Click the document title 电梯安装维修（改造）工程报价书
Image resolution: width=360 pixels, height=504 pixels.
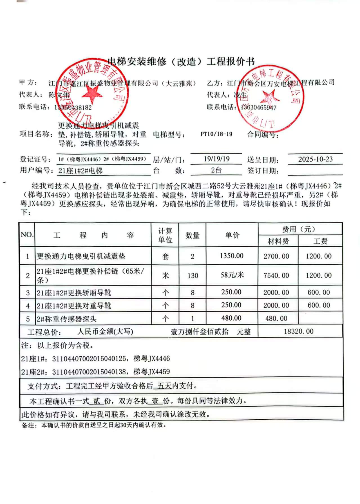181,61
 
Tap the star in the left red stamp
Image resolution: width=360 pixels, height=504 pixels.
92,94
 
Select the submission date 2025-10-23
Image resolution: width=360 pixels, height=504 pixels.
315,159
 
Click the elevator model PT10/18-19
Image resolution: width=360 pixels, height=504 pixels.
216,134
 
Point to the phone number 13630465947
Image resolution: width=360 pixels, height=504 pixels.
259,107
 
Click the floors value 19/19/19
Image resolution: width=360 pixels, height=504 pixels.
216,159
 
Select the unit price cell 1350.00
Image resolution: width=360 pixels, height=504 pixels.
232,256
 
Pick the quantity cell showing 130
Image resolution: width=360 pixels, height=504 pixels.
193,276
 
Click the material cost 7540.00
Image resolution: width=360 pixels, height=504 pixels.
276,276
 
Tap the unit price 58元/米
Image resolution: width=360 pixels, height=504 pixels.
232,275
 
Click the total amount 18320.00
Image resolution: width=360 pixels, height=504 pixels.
298,331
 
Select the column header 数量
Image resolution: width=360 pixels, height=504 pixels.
193,235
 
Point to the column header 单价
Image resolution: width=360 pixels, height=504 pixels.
232,235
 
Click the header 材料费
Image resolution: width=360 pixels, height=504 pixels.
278,241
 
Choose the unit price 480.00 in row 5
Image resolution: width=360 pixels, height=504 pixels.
231,318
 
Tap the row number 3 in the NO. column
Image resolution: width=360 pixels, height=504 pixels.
28,293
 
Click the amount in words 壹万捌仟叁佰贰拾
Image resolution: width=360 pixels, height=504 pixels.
200,332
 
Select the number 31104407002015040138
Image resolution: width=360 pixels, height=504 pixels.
89,372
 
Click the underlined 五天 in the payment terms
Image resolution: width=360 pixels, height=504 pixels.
164,386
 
